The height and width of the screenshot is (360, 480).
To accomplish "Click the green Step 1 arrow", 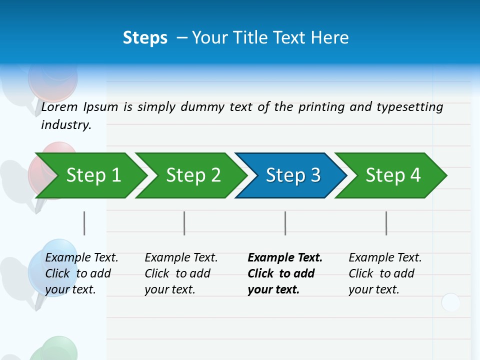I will point(90,175).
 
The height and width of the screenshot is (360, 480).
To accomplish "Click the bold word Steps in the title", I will point(145,37).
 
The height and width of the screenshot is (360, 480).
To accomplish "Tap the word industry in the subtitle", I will point(66,124).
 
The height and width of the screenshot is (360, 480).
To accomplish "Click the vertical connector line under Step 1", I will point(84,223).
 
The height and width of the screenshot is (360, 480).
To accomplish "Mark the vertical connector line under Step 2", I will point(184,223).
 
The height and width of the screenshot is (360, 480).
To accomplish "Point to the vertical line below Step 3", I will point(285,223).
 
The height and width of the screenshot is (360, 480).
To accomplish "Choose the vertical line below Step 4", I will point(386,223).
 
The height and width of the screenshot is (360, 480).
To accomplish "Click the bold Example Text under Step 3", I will point(285,258).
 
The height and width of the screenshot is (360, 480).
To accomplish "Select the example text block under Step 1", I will point(81,273).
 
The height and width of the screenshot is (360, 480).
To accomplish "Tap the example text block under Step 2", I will point(181,273).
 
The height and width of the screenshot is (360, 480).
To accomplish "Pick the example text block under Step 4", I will point(385,273).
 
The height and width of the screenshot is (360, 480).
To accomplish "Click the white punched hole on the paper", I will point(450,302).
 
